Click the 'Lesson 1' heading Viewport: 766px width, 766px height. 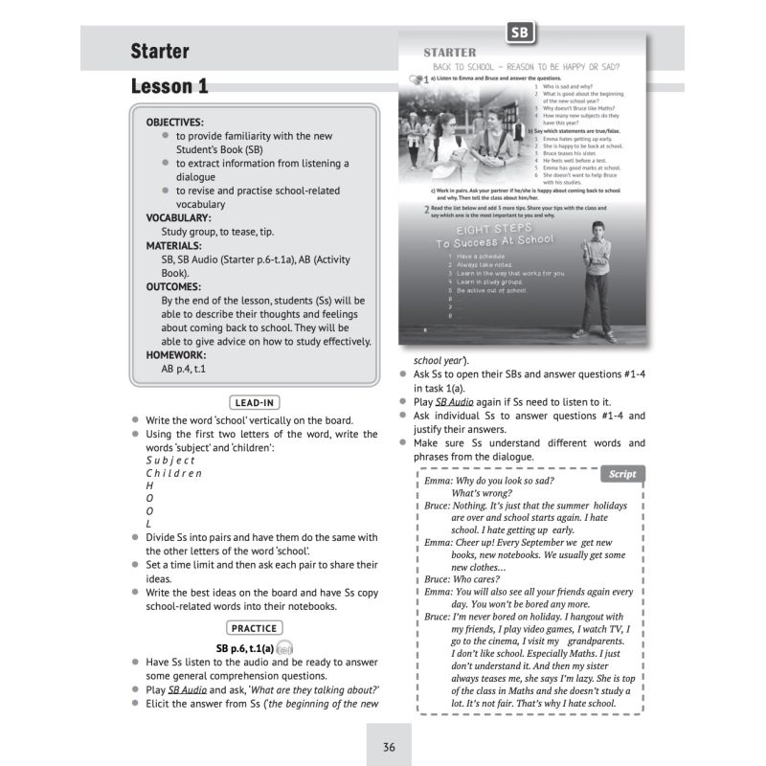[x=169, y=87]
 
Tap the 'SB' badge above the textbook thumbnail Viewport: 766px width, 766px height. [x=520, y=34]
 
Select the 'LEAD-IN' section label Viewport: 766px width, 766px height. [x=255, y=403]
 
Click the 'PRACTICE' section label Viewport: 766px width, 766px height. [x=255, y=628]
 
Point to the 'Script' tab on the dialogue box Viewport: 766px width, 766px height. [x=621, y=474]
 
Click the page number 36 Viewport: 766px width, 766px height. [x=388, y=747]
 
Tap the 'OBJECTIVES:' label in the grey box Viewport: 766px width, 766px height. [x=174, y=123]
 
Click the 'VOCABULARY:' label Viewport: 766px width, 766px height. [x=178, y=217]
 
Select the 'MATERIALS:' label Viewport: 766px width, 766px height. [x=173, y=245]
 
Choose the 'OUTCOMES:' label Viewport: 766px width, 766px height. [x=173, y=286]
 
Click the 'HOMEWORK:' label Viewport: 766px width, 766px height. [x=175, y=354]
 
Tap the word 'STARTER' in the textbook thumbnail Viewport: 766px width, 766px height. [x=449, y=53]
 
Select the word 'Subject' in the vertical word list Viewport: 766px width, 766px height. [x=169, y=460]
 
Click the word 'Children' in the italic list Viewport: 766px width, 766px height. [x=173, y=473]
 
